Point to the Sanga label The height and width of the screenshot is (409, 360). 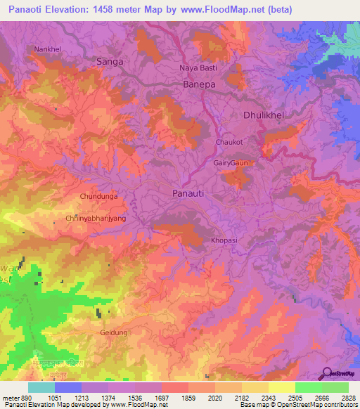109,62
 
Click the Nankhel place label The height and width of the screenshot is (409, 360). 47,49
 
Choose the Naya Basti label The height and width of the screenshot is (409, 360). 198,67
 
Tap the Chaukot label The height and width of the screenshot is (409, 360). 228,142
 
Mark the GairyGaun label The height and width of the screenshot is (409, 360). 231,163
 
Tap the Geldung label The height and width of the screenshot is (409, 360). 114,332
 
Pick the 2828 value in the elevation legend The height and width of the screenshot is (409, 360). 349,397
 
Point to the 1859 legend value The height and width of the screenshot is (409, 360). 188,397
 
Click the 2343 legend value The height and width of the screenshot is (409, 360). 269,397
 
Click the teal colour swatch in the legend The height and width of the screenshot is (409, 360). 41,387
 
